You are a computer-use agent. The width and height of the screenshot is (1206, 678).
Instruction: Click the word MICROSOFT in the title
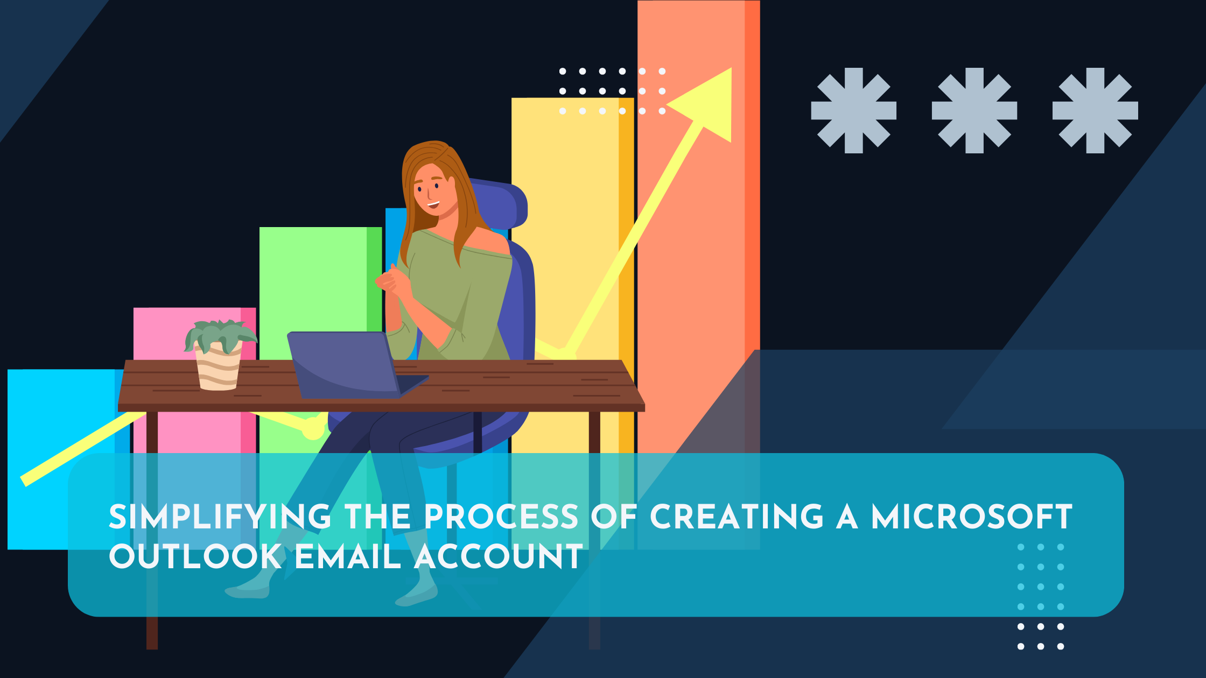pyautogui.click(x=972, y=517)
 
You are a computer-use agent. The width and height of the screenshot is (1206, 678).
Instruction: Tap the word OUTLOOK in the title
pyautogui.click(x=195, y=556)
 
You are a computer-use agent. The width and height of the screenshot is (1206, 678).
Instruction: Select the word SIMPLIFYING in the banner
pyautogui.click(x=220, y=517)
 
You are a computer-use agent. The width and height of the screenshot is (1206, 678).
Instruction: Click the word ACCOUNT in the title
pyautogui.click(x=499, y=556)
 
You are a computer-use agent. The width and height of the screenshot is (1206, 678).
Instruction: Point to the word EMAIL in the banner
pyautogui.click(x=348, y=556)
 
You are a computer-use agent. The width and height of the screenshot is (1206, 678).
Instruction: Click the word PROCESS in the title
pyautogui.click(x=501, y=517)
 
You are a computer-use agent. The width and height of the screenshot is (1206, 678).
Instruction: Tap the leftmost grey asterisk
pyautogui.click(x=853, y=110)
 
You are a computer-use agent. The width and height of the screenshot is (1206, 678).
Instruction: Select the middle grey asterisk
pyautogui.click(x=974, y=110)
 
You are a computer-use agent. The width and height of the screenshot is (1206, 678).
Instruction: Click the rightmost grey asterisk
pyautogui.click(x=1095, y=110)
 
